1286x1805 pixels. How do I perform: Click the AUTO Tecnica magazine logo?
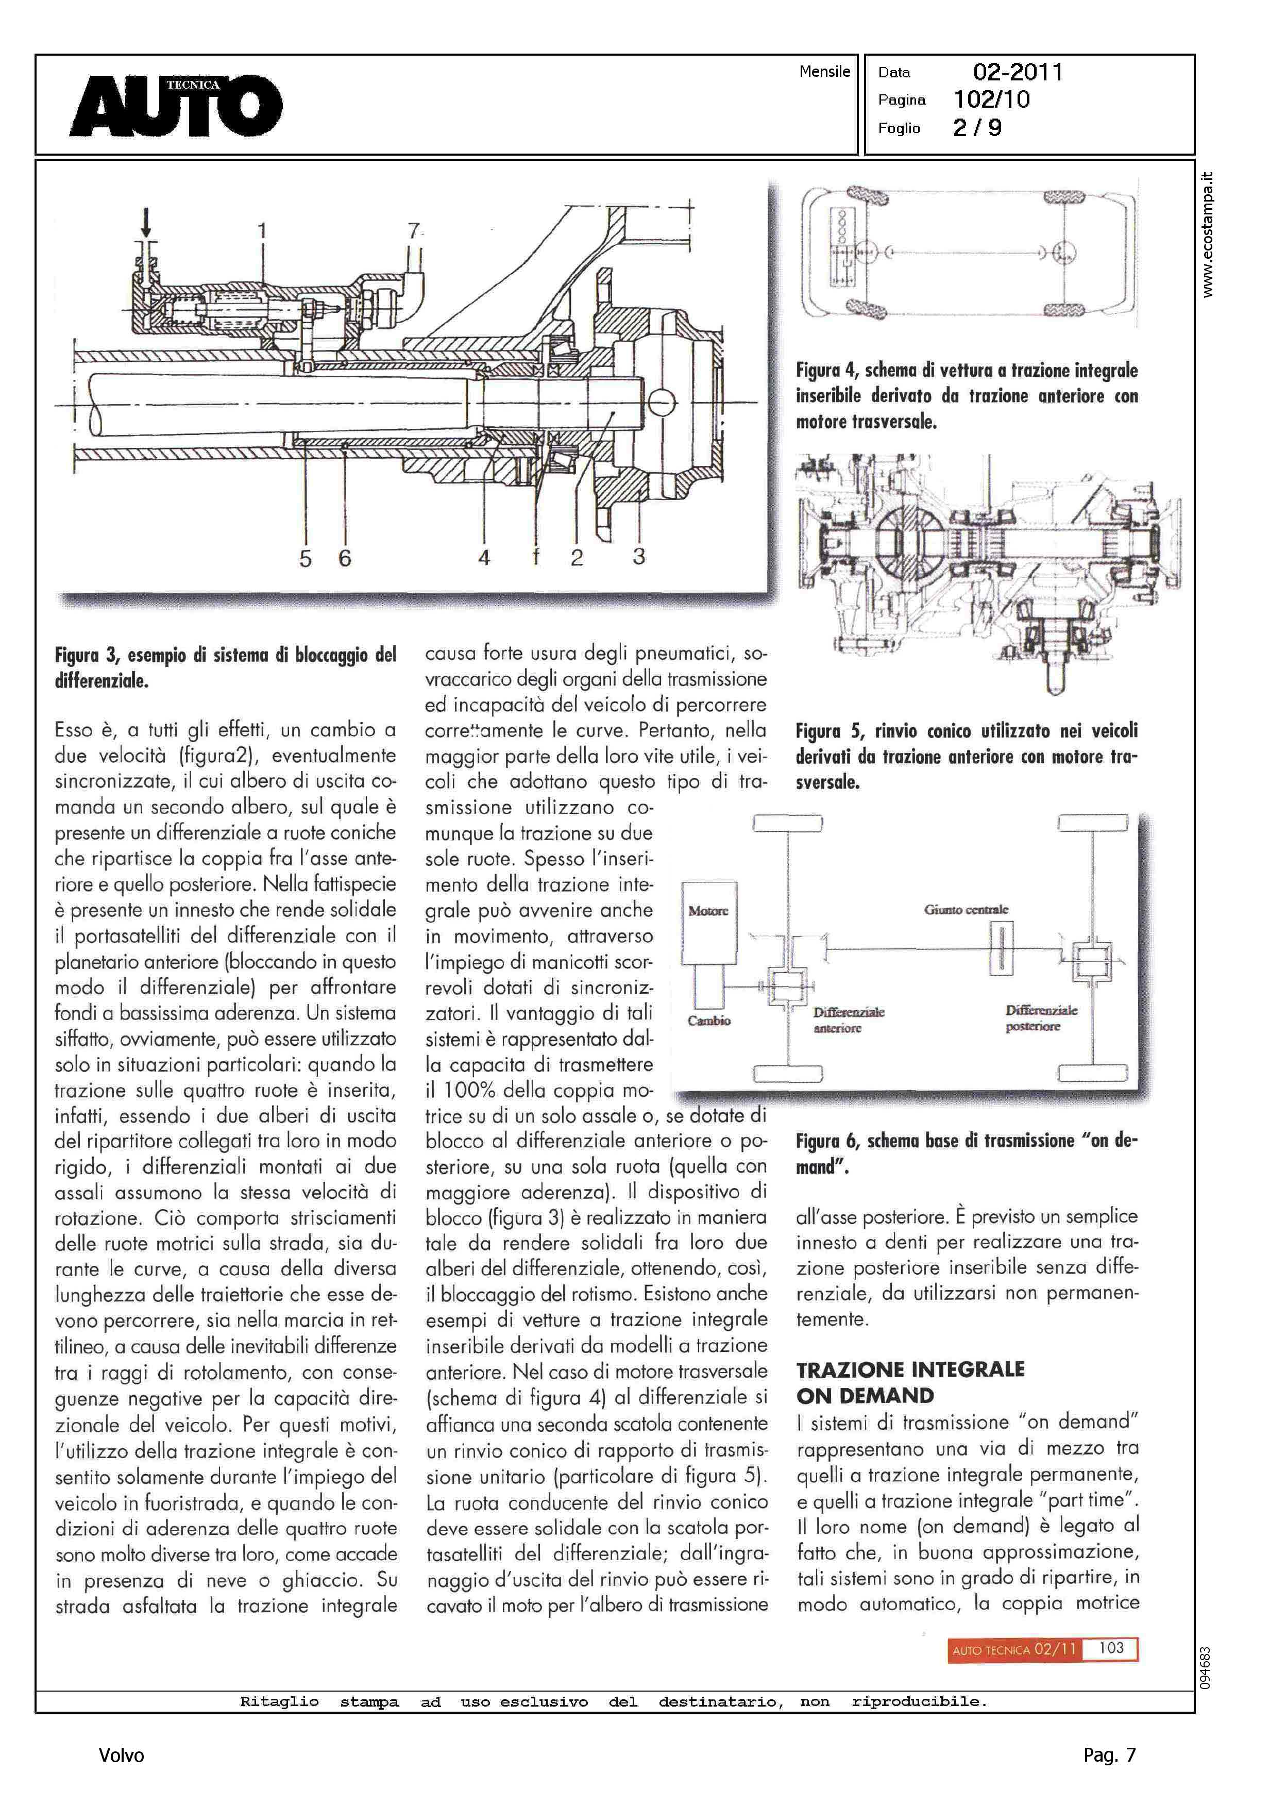tap(176, 105)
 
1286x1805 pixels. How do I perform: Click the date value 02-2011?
tap(1018, 72)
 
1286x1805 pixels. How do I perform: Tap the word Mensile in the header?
tap(824, 71)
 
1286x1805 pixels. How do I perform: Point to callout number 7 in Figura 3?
tap(413, 230)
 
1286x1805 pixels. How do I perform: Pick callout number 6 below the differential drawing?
tap(345, 558)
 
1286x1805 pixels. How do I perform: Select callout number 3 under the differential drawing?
tap(639, 556)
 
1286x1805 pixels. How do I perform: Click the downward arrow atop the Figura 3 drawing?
tap(146, 222)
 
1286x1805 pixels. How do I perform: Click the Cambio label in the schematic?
tap(709, 1021)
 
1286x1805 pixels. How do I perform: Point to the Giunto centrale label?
tap(966, 909)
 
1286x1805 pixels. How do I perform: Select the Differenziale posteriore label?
tap(1041, 1018)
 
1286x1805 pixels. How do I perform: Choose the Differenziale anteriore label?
tap(848, 1020)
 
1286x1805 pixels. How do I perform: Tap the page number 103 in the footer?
tap(1111, 1648)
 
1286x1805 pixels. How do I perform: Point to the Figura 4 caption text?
tap(966, 395)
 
